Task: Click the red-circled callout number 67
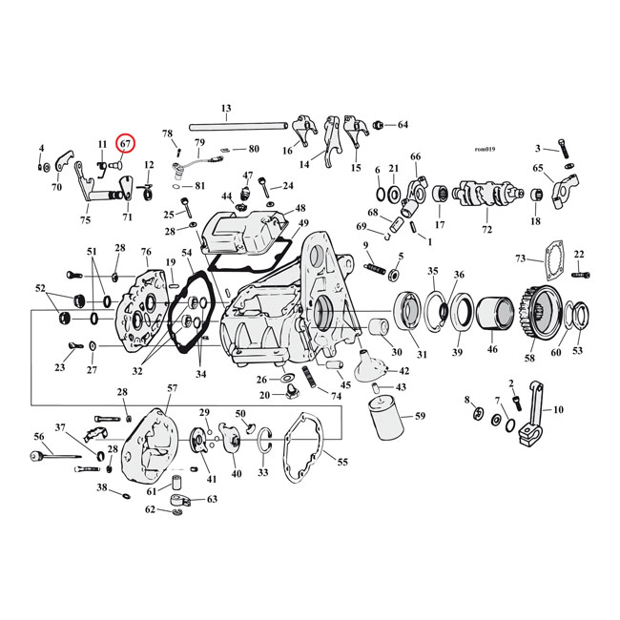[125, 144]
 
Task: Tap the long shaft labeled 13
[239, 125]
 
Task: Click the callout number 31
[422, 355]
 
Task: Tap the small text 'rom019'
[486, 149]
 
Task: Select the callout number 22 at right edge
[579, 254]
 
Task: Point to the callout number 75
[85, 220]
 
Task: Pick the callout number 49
[303, 224]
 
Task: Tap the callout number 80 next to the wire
[253, 149]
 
